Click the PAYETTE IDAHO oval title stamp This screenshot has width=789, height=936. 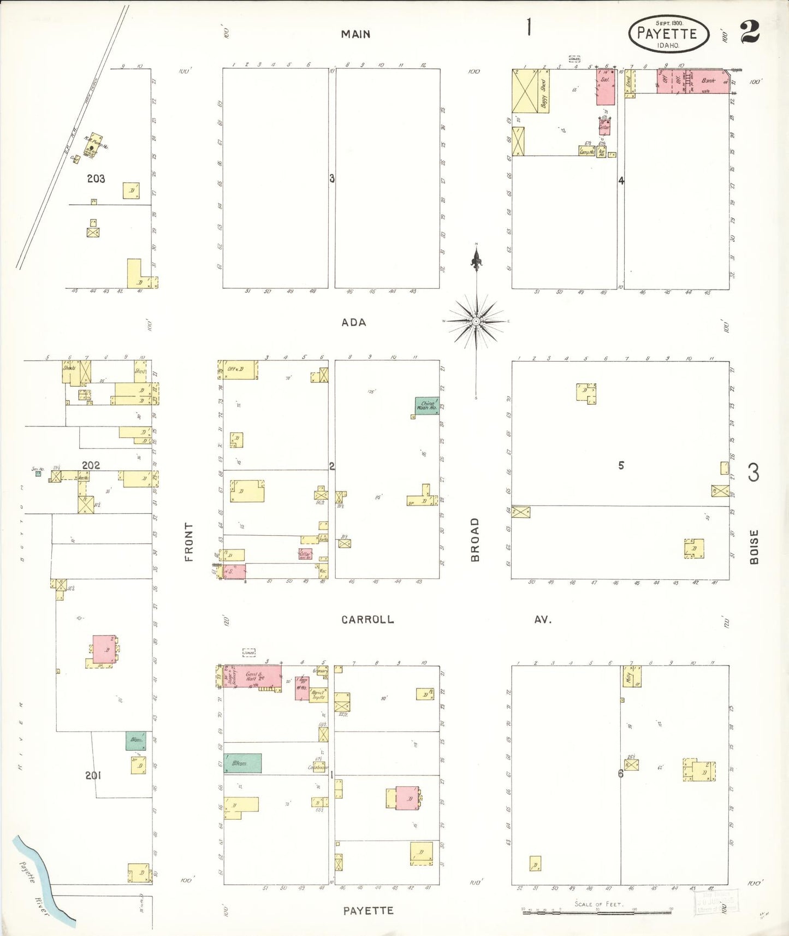point(668,34)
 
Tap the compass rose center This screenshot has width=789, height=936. point(476,321)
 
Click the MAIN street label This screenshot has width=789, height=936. point(355,34)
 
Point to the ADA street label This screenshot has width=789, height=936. point(354,322)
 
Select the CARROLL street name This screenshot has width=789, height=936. point(367,619)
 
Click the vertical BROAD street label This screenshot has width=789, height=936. point(475,540)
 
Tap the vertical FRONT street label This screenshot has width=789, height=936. point(189,542)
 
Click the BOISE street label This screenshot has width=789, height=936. point(754,547)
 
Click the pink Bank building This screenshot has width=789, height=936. point(708,81)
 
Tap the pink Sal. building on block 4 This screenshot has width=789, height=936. point(606,87)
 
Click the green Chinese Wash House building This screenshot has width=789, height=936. point(426,406)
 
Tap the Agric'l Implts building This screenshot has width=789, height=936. point(318,695)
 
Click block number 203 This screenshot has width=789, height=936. point(96,179)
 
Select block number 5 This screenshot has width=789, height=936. point(621,465)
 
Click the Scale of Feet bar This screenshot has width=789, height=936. point(597,912)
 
